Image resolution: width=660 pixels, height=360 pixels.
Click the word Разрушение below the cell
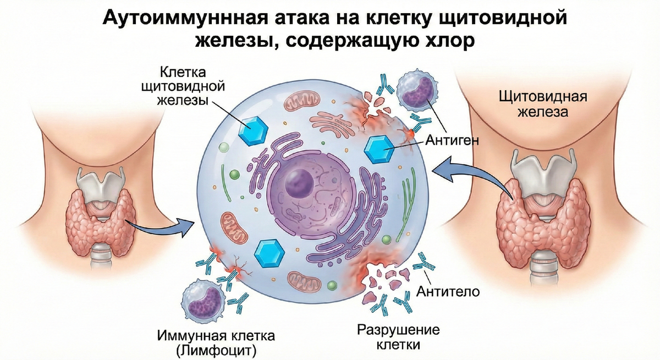tap(399, 330)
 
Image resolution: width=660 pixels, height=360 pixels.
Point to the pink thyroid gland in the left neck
tap(99, 220)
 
